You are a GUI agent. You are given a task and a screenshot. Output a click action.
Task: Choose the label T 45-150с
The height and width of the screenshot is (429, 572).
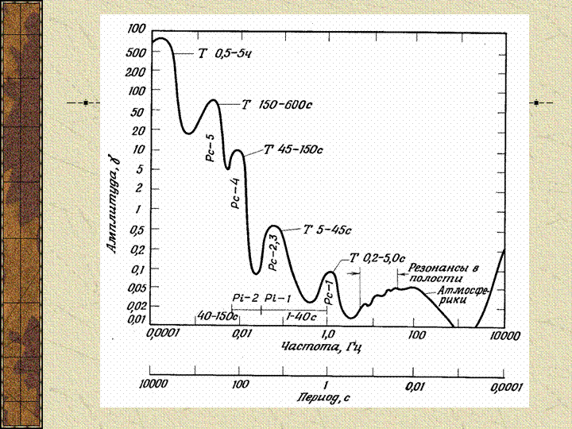click(x=293, y=149)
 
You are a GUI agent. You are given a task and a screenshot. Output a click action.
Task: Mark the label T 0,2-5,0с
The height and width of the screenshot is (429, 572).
click(x=377, y=259)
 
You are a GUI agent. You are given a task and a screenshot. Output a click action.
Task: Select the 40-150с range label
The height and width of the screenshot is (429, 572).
click(x=217, y=316)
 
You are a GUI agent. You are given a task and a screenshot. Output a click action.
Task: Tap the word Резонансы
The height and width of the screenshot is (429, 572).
click(x=435, y=267)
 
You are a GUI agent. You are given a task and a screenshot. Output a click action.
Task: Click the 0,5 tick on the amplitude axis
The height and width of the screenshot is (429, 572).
click(x=135, y=230)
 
